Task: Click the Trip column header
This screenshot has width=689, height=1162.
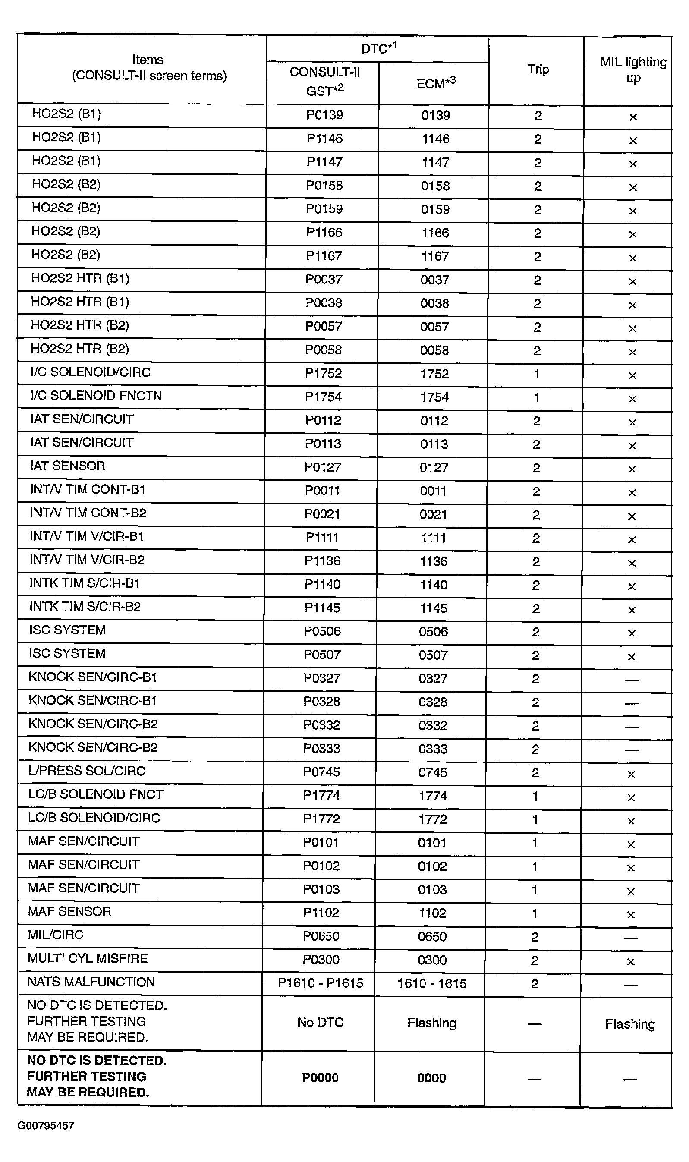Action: [x=538, y=69]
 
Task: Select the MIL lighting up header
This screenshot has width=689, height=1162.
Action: [x=633, y=69]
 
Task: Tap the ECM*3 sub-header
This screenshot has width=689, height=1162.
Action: [x=435, y=84]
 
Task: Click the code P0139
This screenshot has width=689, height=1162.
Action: [x=324, y=115]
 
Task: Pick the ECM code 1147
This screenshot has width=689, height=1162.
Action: [x=435, y=163]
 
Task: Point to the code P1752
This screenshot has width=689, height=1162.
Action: [x=323, y=373]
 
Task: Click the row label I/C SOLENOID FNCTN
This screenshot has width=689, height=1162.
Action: [x=96, y=396]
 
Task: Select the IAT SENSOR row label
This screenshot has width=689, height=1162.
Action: [x=67, y=466]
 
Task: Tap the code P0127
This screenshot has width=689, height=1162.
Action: [x=323, y=467]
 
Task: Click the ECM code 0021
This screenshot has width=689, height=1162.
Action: [x=433, y=514]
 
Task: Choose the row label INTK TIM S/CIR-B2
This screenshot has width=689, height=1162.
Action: [x=85, y=607]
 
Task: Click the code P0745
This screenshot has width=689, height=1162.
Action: [x=322, y=772]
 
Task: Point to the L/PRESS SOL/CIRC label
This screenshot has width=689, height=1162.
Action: [x=87, y=771]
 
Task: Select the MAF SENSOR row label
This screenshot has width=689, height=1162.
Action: [x=69, y=911]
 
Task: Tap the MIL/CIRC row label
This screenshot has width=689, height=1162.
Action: [x=55, y=935]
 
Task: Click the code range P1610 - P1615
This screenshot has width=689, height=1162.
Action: [x=321, y=983]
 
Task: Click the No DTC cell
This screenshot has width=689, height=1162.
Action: [x=321, y=1022]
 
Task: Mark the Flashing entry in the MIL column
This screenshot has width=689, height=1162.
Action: [x=629, y=1024]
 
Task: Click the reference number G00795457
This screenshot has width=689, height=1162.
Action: [x=45, y=1125]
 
